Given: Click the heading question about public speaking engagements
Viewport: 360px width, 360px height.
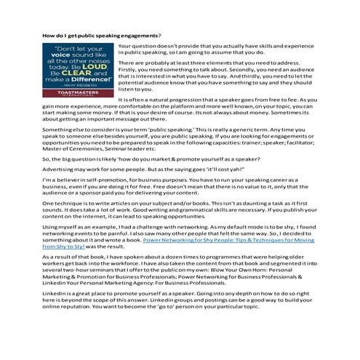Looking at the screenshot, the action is (101, 35).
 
